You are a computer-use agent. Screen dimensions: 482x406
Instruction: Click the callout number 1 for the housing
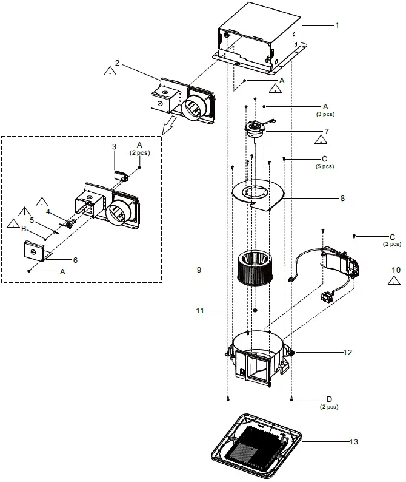(x=337, y=26)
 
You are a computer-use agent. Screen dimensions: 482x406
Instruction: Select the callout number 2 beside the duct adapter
(x=116, y=63)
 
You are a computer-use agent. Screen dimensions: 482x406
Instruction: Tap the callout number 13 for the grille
(x=353, y=441)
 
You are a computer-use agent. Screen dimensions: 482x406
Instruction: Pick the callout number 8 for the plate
(x=342, y=198)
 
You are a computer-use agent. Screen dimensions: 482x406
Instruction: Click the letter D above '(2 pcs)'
(x=329, y=398)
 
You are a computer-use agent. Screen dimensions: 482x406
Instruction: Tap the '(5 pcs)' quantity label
(x=324, y=166)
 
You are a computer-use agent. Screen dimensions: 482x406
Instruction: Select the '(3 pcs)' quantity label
(x=324, y=114)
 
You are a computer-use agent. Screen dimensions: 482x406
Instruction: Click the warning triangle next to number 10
(x=394, y=280)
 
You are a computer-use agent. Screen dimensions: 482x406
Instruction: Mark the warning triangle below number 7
(x=322, y=140)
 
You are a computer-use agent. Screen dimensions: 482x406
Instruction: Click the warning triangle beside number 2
(x=109, y=71)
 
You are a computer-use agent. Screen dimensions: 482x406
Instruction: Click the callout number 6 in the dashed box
(x=75, y=259)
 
